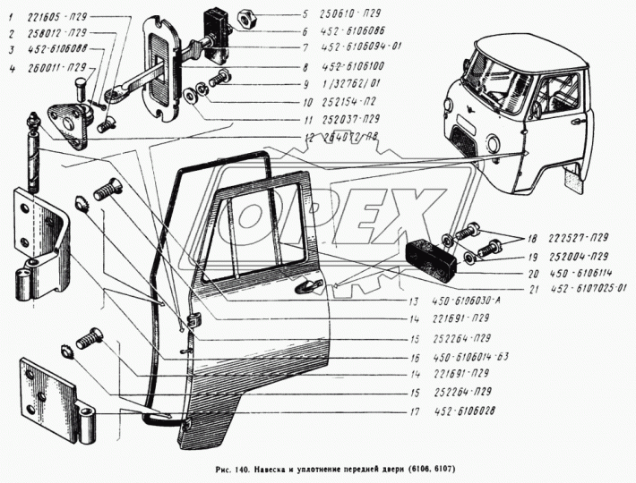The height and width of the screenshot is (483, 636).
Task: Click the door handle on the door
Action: coord(309,285)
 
